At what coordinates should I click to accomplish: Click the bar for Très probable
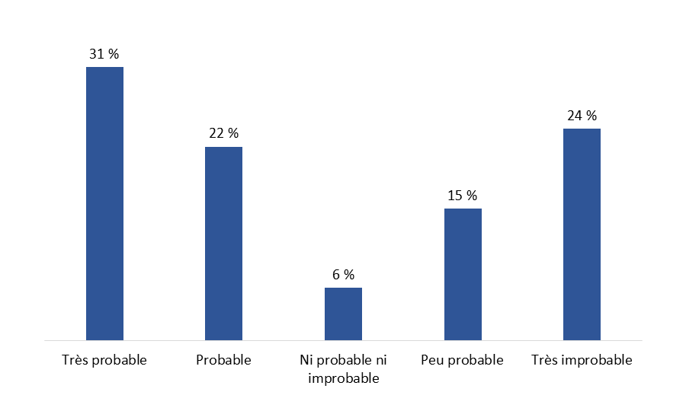point(104,203)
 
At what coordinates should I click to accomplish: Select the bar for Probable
point(223,244)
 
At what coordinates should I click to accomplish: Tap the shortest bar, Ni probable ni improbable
point(343,314)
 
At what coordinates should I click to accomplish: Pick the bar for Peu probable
point(463,274)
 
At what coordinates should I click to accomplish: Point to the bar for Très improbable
point(582,234)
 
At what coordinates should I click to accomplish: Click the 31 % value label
point(104,54)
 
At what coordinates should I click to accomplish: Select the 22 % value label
point(223,133)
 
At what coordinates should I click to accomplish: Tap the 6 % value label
point(343,274)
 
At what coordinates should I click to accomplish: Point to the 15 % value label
point(463,196)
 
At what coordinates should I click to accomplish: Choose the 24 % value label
point(582,116)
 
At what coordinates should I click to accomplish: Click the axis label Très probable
point(104,360)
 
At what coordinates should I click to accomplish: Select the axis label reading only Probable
point(223,360)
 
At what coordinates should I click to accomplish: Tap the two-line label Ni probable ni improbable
point(343,368)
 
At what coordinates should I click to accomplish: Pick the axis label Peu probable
point(463,360)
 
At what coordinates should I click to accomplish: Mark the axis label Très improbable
point(582,360)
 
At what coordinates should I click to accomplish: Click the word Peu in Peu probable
point(432,360)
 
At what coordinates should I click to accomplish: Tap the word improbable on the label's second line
point(343,378)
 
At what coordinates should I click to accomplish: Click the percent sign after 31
point(114,54)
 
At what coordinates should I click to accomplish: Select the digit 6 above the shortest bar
point(335,274)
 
